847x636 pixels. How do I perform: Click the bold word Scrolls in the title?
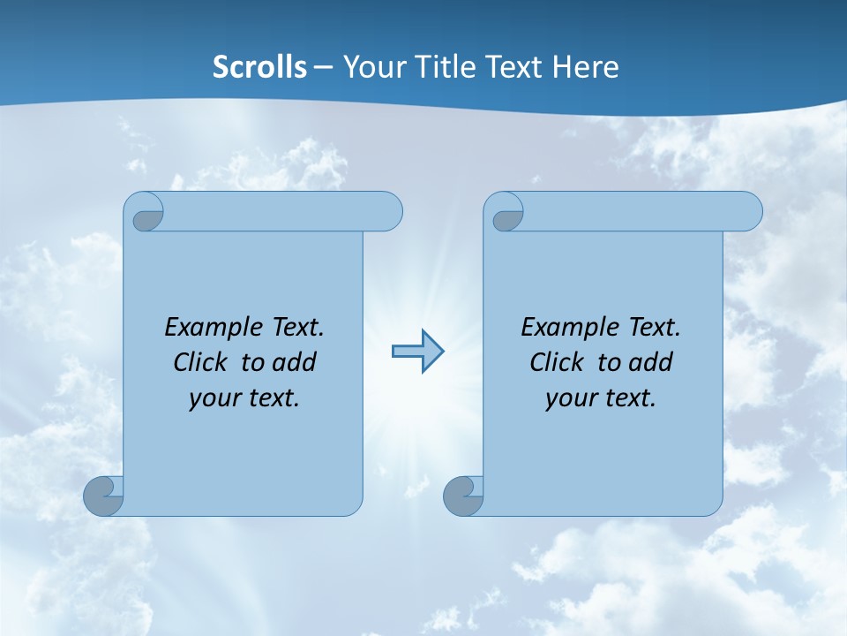(x=260, y=67)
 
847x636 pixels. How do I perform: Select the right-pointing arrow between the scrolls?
(x=417, y=352)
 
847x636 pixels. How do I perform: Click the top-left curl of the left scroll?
(x=146, y=215)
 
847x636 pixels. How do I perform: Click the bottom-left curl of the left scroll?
(x=103, y=496)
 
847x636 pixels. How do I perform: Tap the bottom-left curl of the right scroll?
(x=462, y=496)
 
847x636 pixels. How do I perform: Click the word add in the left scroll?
(x=296, y=363)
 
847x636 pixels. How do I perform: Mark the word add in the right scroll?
(x=652, y=363)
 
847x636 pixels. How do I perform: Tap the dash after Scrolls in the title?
(x=323, y=67)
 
